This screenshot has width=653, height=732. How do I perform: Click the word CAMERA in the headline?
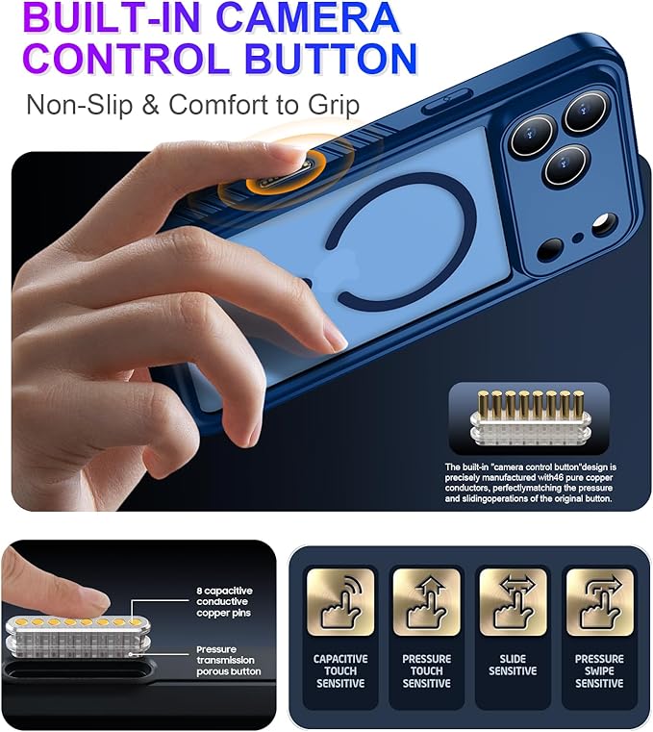click(308, 17)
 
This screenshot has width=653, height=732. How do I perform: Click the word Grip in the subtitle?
click(334, 106)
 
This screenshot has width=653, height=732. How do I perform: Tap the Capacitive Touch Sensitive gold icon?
click(340, 602)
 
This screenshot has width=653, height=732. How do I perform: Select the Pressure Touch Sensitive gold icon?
click(427, 602)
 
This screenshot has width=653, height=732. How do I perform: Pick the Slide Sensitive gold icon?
click(513, 602)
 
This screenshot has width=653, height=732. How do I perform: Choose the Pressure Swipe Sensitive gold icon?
click(600, 602)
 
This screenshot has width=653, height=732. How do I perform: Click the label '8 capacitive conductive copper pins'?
click(224, 602)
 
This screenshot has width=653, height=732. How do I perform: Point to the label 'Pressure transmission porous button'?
click(228, 660)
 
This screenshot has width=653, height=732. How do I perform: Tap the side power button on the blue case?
click(445, 101)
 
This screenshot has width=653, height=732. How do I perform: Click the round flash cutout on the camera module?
click(605, 225)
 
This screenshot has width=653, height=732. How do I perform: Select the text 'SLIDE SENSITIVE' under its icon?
click(513, 665)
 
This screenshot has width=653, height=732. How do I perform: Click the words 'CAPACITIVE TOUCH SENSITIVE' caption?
click(340, 670)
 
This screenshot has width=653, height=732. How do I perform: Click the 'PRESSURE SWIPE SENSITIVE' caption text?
click(599, 670)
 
